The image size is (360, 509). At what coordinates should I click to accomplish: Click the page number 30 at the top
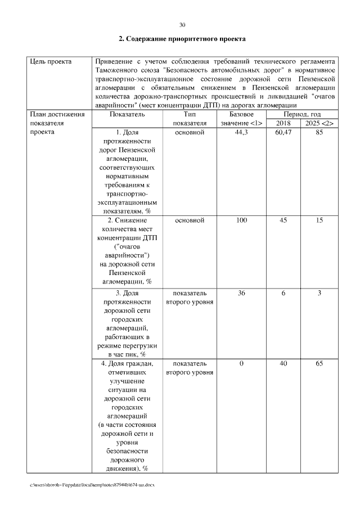point(182,25)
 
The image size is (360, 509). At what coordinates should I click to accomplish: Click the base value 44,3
point(241,132)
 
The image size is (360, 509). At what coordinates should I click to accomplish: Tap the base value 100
point(241,220)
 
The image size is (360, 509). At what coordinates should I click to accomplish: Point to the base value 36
point(241,293)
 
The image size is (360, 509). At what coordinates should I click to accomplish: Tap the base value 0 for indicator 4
point(241,364)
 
